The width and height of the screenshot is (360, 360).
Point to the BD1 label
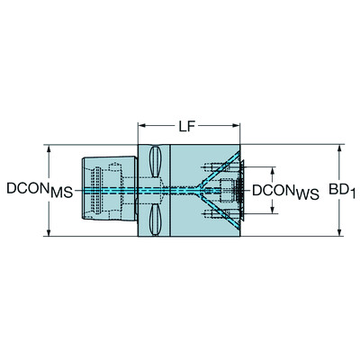341,191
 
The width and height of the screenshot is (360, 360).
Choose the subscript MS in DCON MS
60,193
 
